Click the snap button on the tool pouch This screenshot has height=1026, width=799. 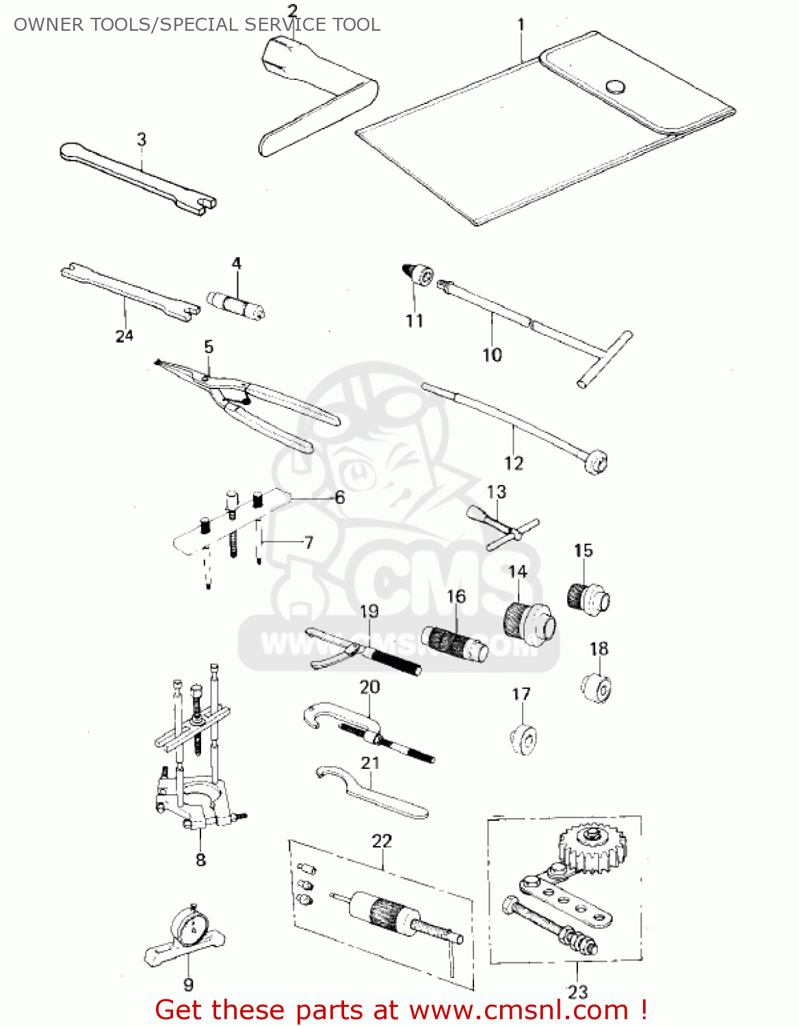pos(615,86)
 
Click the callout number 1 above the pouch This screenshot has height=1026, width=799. pos(521,25)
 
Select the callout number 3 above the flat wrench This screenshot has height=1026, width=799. pos(141,140)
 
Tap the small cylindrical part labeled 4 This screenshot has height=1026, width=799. pos(236,304)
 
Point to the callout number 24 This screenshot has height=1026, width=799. pos(124,336)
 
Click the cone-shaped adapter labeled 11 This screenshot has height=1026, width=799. pos(417,274)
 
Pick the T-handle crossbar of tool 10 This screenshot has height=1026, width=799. pos(605,359)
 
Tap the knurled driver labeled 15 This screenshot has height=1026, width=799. pos(588,598)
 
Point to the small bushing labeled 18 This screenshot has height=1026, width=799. pos(597,687)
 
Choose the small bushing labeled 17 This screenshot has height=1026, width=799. pos(523,739)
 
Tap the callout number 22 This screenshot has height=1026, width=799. pos(382,841)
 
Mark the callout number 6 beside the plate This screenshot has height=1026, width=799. pos(340,497)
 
